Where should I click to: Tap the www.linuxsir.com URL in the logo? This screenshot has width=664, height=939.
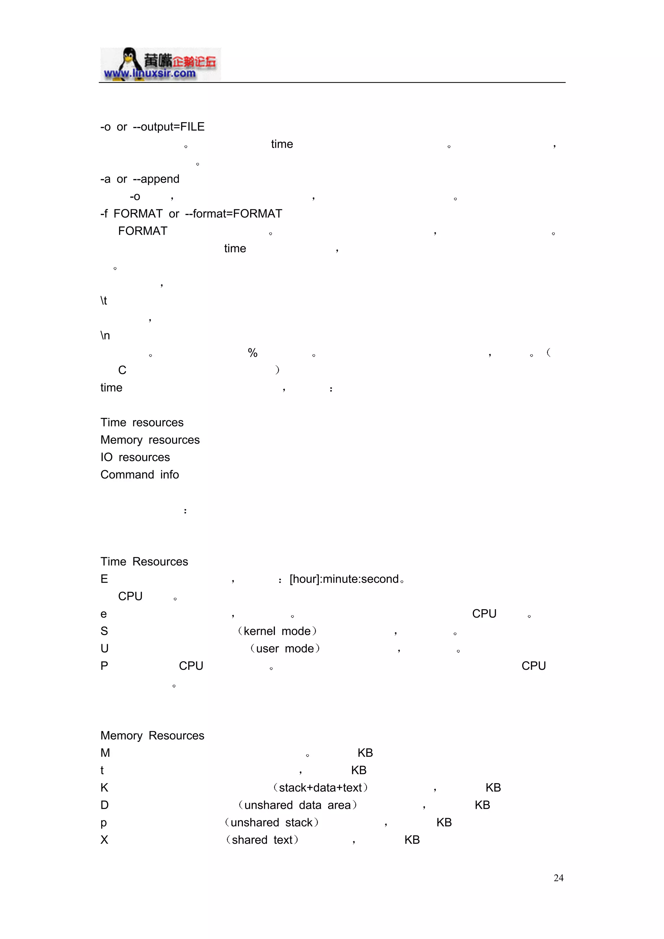[x=150, y=74]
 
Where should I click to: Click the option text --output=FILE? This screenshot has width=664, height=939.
[x=169, y=127]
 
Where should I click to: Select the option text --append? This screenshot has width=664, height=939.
[x=156, y=179]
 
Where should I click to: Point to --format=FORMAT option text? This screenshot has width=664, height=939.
[x=234, y=214]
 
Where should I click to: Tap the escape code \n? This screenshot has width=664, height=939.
[x=105, y=335]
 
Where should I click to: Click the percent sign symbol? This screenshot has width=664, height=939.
[x=253, y=353]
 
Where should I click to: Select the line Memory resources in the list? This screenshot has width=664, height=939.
[x=150, y=440]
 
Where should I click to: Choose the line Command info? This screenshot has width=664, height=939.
[x=139, y=474]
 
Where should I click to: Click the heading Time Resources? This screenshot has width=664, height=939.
[x=144, y=562]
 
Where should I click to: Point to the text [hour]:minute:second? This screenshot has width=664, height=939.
[x=344, y=579]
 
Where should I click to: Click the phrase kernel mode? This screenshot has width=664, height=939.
[x=277, y=631]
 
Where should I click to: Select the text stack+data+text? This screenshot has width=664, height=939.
[x=320, y=788]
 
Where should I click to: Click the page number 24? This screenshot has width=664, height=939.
[x=558, y=878]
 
